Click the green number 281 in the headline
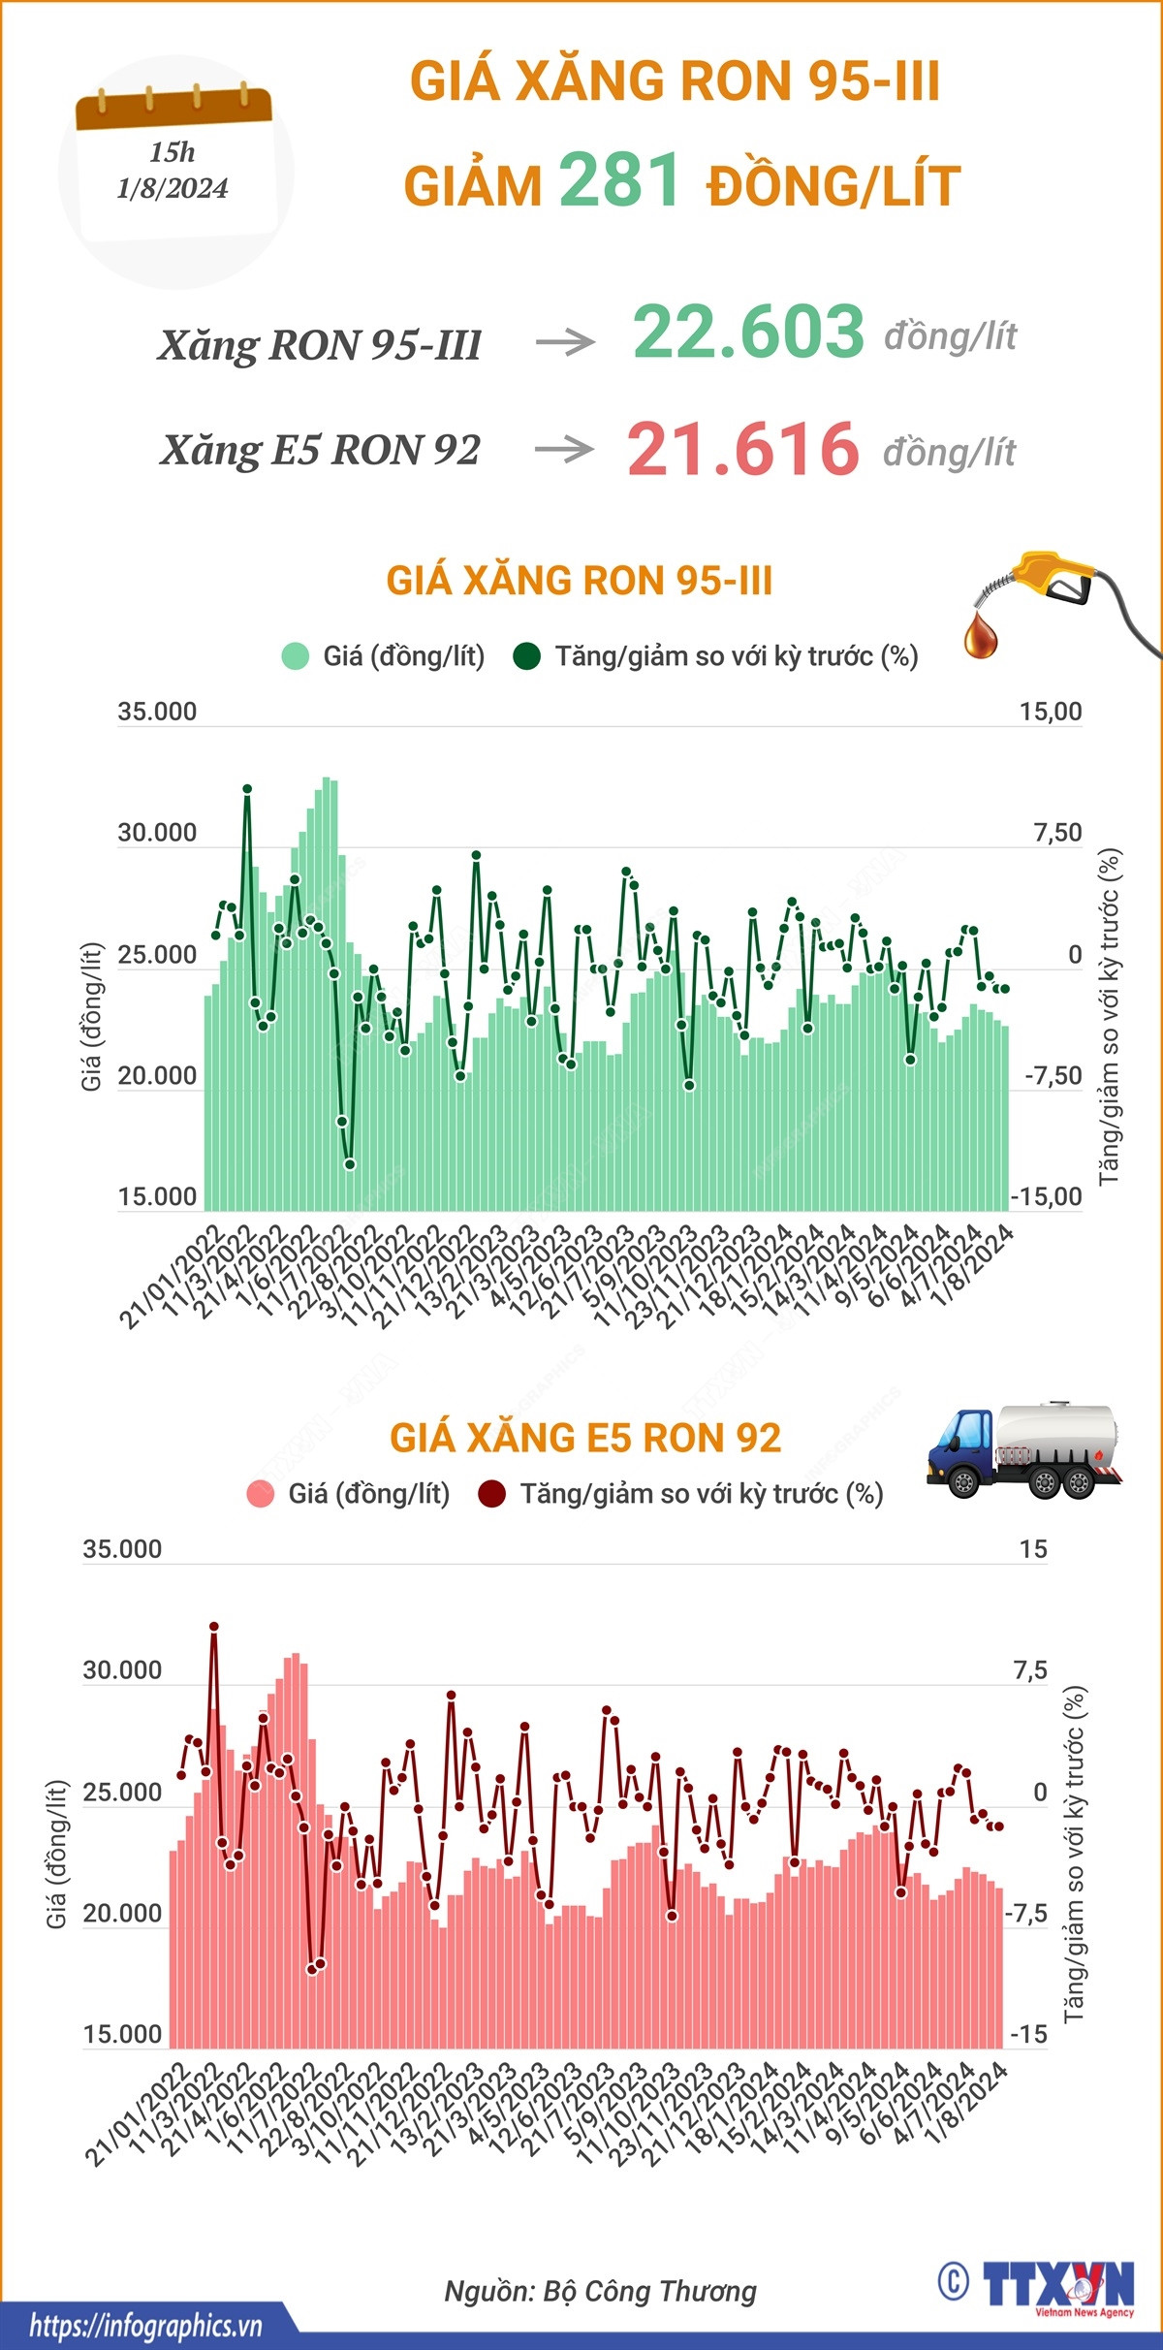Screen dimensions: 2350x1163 (618, 180)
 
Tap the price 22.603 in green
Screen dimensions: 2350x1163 (748, 332)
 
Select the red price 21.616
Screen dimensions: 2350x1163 (743, 449)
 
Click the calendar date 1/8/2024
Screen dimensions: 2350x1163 (173, 188)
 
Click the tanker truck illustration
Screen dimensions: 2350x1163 (1023, 1448)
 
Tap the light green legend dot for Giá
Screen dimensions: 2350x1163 (295, 656)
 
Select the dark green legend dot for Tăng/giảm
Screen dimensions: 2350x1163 (526, 656)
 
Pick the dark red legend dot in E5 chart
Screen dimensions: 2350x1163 (492, 1494)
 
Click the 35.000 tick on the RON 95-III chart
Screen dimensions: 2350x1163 (157, 712)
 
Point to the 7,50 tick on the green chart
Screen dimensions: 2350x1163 (1057, 833)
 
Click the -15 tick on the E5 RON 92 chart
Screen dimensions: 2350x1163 (1028, 2034)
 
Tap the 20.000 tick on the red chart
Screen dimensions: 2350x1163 (122, 1913)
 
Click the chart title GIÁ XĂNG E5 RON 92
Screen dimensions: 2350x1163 (585, 1438)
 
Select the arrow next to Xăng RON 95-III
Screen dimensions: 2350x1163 (565, 341)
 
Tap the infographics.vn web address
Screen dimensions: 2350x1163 (145, 2326)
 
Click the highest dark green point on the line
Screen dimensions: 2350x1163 (247, 789)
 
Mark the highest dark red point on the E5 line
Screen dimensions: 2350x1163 (214, 1627)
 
